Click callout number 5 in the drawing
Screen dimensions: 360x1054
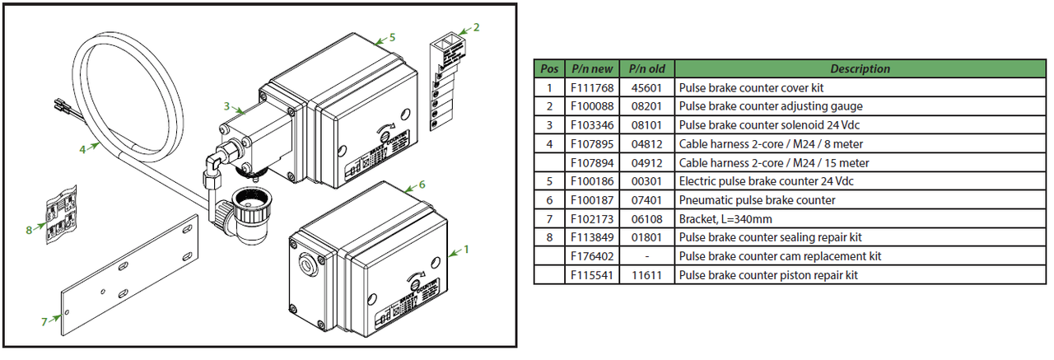(393, 37)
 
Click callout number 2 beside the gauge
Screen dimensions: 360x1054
(476, 27)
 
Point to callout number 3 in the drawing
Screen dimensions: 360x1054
(226, 105)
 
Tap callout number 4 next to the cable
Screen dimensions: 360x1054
(83, 150)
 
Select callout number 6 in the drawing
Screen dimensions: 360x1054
(422, 185)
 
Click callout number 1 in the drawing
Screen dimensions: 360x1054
(466, 247)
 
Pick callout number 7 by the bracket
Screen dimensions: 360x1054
(44, 321)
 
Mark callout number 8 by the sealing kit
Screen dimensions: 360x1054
(29, 231)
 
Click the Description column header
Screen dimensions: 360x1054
(860, 69)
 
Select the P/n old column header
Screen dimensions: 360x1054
(647, 69)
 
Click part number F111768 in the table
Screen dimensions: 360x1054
(592, 87)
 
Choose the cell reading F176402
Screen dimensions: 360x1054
(592, 256)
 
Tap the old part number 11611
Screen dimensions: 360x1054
(647, 275)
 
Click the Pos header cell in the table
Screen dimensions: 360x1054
(548, 69)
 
